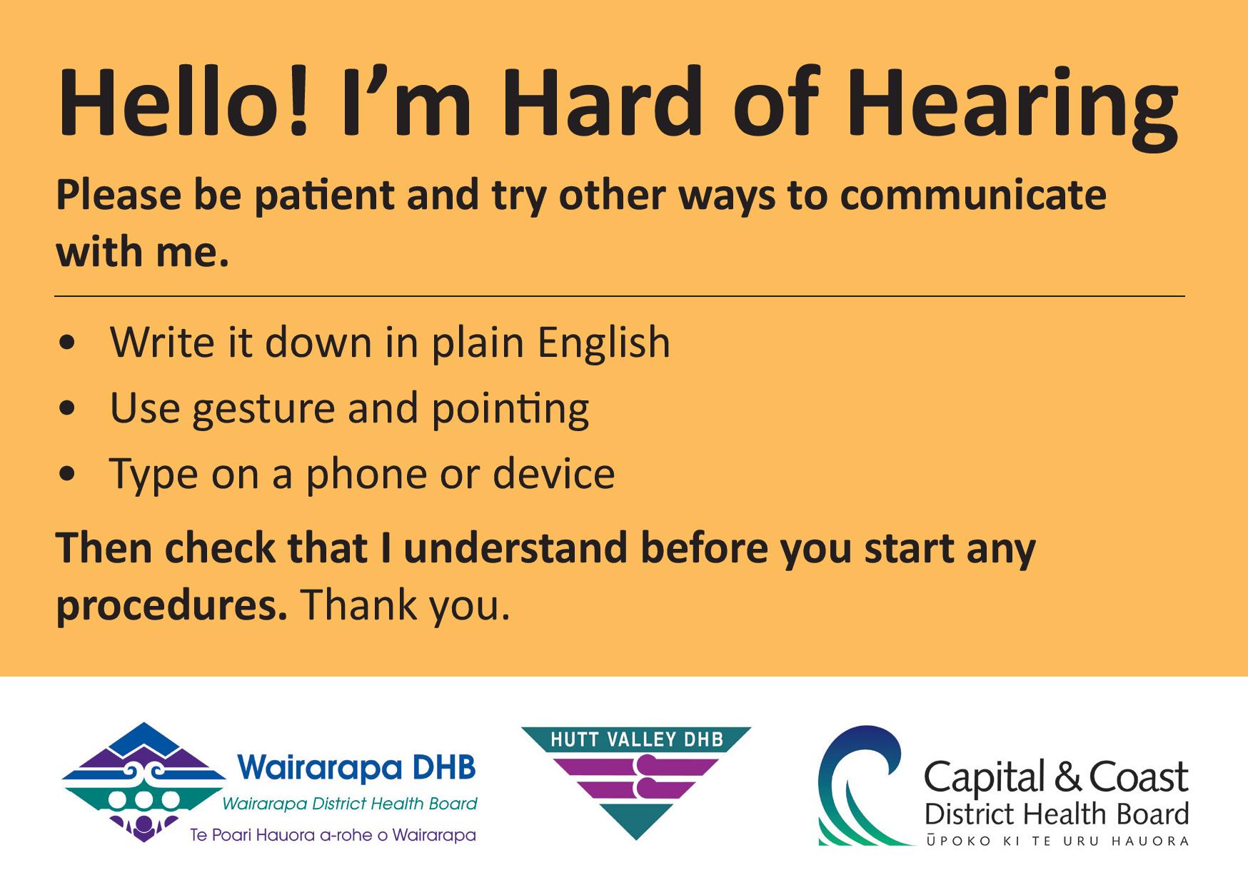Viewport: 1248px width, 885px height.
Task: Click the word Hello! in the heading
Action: pyautogui.click(x=184, y=101)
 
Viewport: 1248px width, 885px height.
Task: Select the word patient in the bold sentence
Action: pyautogui.click(x=324, y=196)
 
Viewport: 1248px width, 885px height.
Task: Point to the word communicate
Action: pyautogui.click(x=973, y=195)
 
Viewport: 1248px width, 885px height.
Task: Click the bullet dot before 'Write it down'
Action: pyautogui.click(x=68, y=343)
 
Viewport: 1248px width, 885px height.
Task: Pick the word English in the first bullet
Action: pyautogui.click(x=604, y=343)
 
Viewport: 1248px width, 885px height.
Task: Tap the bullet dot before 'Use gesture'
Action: pyautogui.click(x=68, y=408)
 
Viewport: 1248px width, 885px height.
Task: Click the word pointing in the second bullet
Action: pyautogui.click(x=510, y=409)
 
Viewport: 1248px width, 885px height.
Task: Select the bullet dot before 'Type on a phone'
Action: pyautogui.click(x=68, y=474)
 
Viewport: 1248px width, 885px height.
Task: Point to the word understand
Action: pyautogui.click(x=516, y=547)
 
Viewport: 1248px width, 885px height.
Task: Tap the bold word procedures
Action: pyautogui.click(x=171, y=605)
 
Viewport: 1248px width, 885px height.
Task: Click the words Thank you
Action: pyautogui.click(x=406, y=605)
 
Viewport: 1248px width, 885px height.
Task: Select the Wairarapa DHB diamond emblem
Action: pyautogui.click(x=144, y=782)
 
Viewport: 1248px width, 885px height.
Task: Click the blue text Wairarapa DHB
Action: pyautogui.click(x=357, y=768)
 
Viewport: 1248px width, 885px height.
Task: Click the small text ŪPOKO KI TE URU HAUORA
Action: pyautogui.click(x=1057, y=841)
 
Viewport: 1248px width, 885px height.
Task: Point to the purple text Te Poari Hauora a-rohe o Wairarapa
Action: pyautogui.click(x=333, y=834)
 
